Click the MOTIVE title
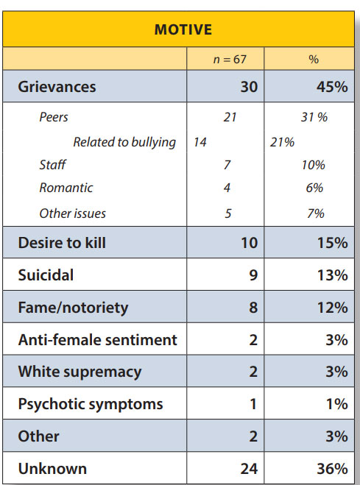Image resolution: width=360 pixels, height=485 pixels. (183, 29)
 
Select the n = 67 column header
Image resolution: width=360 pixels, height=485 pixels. (230, 59)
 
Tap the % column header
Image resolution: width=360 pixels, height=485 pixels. (314, 59)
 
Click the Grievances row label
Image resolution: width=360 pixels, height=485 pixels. (57, 87)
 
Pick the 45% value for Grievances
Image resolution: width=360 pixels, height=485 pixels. (332, 87)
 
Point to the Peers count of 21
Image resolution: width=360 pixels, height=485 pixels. (230, 117)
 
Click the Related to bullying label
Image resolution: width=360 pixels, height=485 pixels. (124, 142)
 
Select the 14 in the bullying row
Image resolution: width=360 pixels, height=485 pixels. (200, 142)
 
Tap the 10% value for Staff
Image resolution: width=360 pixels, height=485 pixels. (314, 165)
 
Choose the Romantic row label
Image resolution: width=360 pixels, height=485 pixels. (66, 188)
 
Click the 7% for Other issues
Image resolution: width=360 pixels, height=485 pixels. (316, 213)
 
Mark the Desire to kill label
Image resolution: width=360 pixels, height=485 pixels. (62, 243)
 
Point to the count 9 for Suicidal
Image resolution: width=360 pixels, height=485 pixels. (253, 275)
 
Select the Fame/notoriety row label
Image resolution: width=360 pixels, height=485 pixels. (73, 308)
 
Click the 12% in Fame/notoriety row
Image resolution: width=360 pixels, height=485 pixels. (333, 308)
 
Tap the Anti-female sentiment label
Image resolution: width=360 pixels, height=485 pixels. (97, 340)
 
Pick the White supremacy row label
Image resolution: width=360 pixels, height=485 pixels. (80, 372)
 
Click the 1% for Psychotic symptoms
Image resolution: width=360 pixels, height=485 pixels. (337, 404)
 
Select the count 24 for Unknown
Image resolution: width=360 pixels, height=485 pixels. (249, 469)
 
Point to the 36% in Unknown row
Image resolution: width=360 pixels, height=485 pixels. (332, 469)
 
